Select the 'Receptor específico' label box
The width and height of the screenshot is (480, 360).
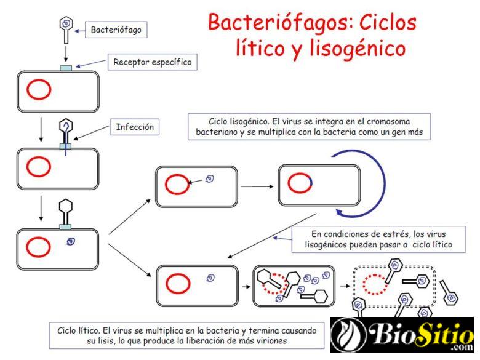click(153, 62)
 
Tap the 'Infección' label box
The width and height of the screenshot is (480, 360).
click(135, 128)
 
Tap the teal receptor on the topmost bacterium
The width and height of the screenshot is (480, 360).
click(65, 67)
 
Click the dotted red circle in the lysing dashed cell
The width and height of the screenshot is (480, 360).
click(375, 285)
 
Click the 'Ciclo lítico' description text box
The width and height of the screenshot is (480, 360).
click(185, 334)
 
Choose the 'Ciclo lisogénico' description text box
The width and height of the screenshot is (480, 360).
click(309, 126)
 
